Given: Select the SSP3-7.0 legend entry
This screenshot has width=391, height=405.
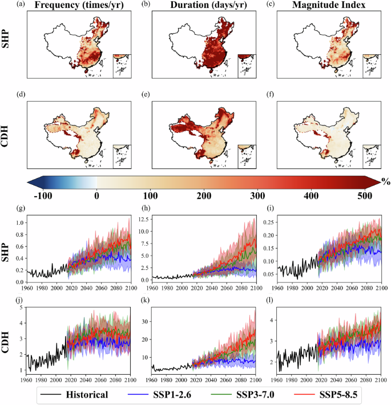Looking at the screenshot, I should click(x=267, y=394).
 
